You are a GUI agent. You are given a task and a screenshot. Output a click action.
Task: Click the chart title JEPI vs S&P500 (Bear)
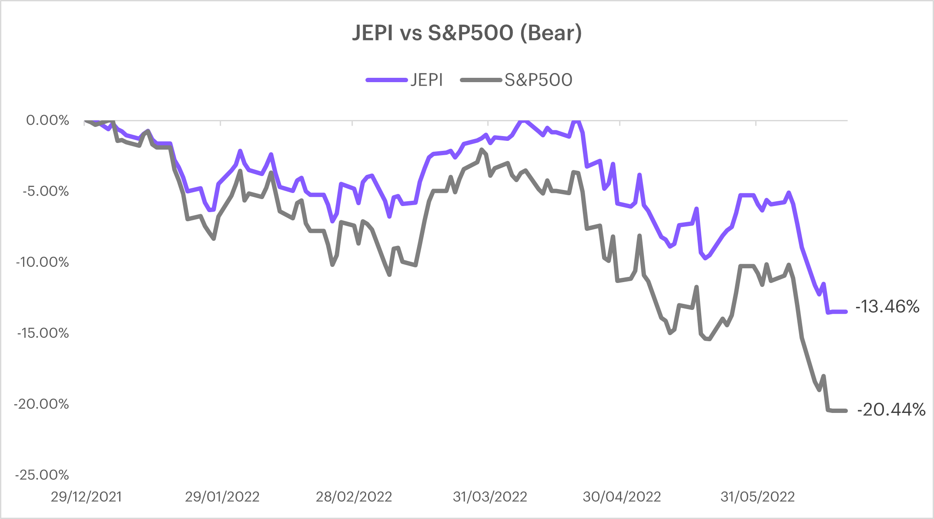point(467,33)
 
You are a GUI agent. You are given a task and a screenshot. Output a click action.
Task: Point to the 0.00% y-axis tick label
point(47,120)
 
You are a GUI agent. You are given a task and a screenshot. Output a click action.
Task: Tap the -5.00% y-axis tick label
point(46,191)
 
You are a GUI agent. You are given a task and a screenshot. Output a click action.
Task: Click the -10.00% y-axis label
point(43,262)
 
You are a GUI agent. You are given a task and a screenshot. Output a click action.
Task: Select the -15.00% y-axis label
point(43,333)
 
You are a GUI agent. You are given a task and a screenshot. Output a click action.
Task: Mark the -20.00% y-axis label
point(42,404)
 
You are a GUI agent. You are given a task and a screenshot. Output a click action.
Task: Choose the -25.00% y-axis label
point(42,475)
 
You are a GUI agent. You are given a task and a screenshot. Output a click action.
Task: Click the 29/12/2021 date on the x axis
point(86,496)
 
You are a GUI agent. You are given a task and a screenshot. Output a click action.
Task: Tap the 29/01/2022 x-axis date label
point(222,496)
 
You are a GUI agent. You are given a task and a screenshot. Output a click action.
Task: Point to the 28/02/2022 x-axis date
point(354,496)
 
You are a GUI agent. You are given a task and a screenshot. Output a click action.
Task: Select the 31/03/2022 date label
point(490,496)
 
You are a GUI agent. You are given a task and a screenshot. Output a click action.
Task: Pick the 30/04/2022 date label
point(622,496)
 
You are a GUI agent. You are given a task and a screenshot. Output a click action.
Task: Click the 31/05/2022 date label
point(757,496)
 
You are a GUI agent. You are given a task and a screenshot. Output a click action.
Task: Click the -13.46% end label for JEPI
point(887,307)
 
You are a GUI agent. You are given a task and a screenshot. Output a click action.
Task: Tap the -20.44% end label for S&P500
point(891,410)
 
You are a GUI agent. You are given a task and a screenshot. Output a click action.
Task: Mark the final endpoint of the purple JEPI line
point(845,311)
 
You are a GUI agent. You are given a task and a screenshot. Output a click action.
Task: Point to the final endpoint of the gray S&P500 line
point(845,411)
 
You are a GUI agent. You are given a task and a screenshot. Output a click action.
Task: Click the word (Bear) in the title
point(551,33)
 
